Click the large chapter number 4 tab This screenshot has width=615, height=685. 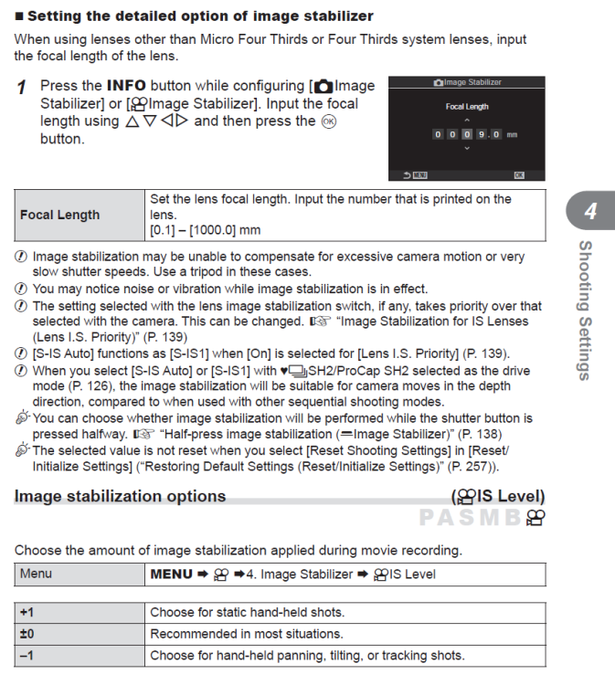point(590,212)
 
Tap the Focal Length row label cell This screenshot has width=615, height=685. point(60,215)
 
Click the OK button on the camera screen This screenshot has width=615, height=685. point(519,174)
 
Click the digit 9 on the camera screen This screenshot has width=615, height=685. point(478,134)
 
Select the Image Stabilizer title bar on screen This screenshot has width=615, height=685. point(467,82)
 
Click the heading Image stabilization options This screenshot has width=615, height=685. point(120,496)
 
